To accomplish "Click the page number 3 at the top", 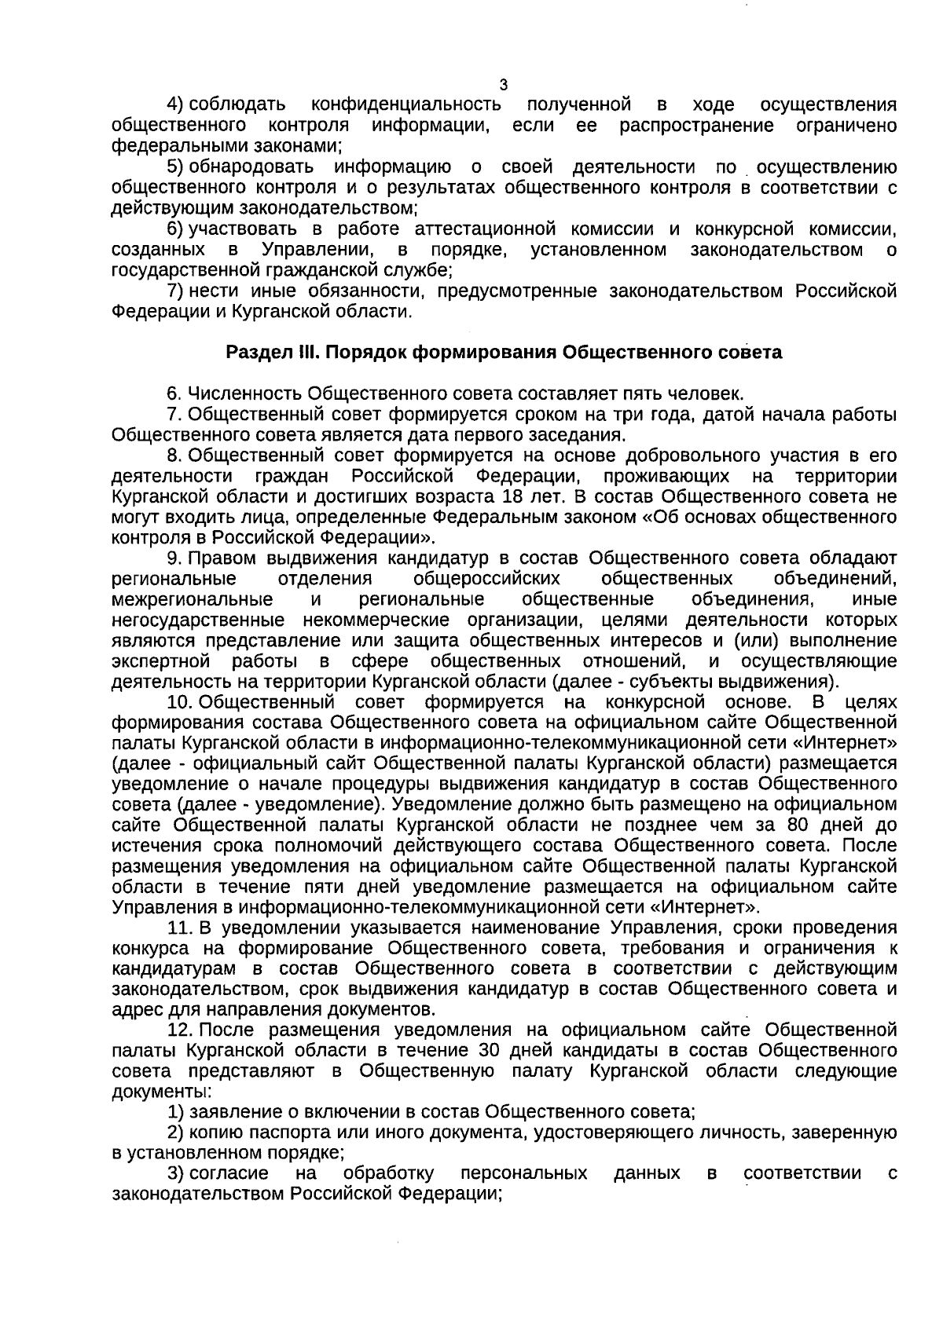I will tap(504, 85).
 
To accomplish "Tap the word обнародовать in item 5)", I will tap(251, 167).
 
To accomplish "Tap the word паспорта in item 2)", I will tap(288, 1133).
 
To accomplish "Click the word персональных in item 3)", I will tap(524, 1174).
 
